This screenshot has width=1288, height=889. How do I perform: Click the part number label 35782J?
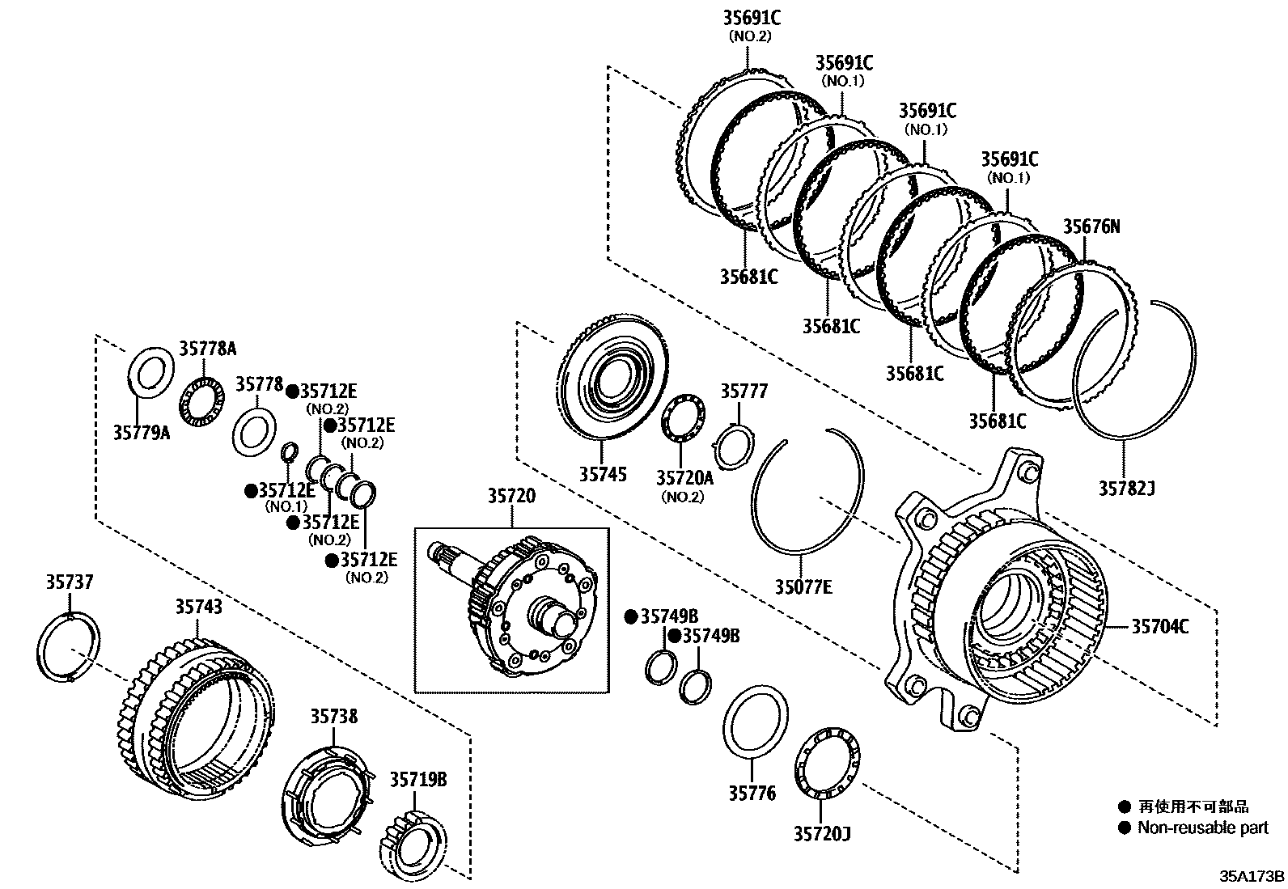1126,489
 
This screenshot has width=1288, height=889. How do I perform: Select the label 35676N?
1091,226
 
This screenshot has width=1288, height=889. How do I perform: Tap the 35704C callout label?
1159,625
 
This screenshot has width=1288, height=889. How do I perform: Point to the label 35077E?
803,587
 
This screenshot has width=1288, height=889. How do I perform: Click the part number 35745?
602,474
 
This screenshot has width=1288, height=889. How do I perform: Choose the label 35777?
744,392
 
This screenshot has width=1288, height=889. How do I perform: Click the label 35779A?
142,433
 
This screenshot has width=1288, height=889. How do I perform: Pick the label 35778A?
207,349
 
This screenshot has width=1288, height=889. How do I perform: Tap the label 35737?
69,582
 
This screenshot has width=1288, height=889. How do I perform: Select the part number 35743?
199,606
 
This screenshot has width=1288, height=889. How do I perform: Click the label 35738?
333,716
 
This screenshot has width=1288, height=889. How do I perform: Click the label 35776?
752,794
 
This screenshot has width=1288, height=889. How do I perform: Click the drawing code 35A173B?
1252,876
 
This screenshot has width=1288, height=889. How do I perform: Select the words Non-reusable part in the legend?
1202,828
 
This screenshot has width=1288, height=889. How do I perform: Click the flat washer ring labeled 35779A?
151,370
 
